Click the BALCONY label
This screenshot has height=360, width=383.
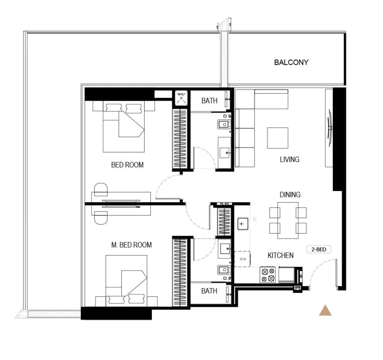[291, 62]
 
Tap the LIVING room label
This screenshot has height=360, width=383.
[289, 160]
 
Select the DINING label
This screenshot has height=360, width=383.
[290, 194]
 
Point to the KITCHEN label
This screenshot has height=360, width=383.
[280, 255]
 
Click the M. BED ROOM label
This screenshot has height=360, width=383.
[131, 245]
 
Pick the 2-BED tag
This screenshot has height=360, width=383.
[318, 249]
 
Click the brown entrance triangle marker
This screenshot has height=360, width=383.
[325, 311]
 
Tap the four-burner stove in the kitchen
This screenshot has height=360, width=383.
[268, 275]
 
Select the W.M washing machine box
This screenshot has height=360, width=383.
[243, 259]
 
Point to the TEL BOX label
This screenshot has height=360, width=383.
[224, 204]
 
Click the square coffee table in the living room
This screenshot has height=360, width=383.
[277, 138]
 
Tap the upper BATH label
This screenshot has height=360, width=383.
[209, 101]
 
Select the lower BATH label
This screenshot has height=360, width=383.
[209, 291]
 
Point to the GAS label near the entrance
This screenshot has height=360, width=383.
[297, 288]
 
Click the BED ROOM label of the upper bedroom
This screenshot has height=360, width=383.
[127, 165]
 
